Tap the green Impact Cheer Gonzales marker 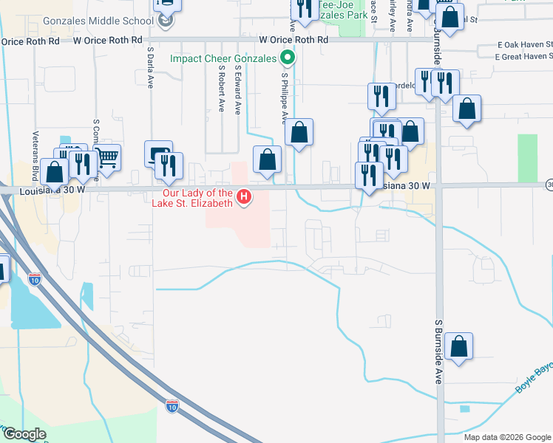(288, 58)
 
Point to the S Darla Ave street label (149, 69)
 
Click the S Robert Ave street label (221, 87)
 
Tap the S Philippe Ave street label (284, 96)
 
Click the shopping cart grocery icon (108, 156)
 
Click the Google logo (24, 434)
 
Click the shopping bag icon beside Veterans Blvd (55, 171)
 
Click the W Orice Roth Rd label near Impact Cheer (294, 39)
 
